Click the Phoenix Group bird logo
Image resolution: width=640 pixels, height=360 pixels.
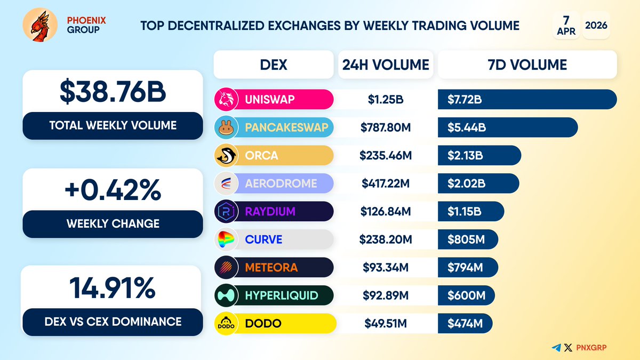click(40, 25)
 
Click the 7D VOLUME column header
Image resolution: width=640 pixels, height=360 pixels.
click(527, 65)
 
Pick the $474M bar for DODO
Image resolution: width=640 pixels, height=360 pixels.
click(465, 324)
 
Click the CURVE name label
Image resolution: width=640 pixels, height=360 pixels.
click(263, 240)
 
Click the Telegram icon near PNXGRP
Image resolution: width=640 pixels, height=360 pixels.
click(557, 347)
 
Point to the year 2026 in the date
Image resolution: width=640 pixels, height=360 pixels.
click(596, 25)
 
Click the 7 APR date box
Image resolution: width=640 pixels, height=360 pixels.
click(566, 25)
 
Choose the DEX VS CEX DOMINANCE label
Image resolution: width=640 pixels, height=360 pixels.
click(113, 322)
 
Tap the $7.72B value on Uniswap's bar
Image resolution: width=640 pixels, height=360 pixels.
click(465, 99)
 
